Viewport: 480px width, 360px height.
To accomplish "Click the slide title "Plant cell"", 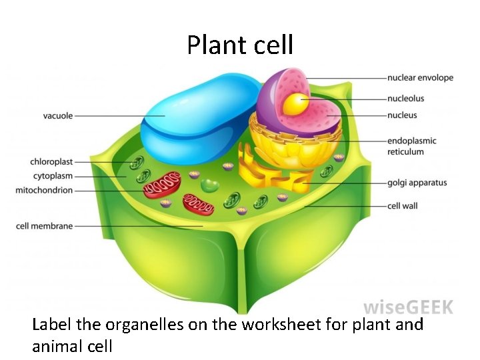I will [240, 45].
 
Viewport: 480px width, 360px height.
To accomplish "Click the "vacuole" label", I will [58, 116].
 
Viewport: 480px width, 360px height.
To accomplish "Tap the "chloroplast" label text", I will [51, 162].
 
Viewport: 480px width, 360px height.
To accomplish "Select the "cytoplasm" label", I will [53, 176].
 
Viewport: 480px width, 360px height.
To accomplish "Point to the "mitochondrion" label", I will [44, 191].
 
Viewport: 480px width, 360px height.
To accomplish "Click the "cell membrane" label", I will [44, 226].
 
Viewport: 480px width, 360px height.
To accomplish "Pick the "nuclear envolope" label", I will [420, 78].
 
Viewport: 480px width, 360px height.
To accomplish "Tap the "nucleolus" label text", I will [405, 99].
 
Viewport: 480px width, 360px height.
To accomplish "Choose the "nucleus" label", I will [402, 115].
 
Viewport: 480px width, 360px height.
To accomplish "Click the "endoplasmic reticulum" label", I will [411, 146].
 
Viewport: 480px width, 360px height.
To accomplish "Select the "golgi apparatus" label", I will [417, 183].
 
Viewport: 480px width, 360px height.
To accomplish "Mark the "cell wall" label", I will [402, 206].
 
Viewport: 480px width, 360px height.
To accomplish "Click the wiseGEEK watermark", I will [408, 307].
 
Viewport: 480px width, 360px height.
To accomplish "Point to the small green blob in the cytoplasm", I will [211, 186].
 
